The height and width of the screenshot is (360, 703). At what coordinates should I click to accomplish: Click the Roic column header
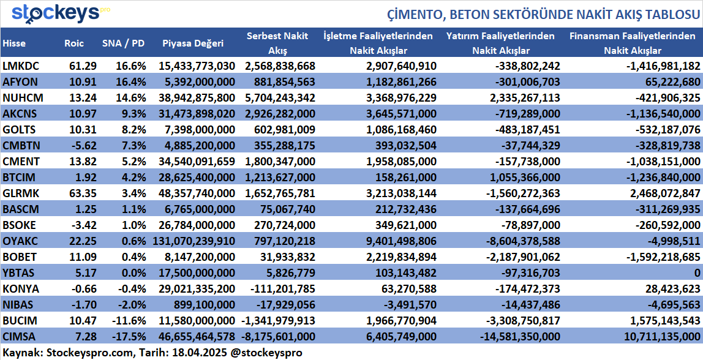[73, 43]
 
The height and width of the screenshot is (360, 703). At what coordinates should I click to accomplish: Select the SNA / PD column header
[124, 43]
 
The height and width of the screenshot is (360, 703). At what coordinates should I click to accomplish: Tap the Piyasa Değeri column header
[193, 43]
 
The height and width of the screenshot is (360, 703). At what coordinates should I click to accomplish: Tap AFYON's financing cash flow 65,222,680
[667, 82]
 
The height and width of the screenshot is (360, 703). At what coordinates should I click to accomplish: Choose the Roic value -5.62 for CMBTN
[80, 146]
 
